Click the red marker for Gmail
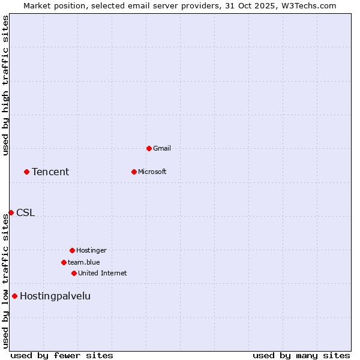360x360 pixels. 149,148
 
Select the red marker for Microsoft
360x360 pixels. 134,172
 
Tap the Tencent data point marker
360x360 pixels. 26,172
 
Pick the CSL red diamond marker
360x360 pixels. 11,212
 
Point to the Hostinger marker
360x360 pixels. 72,250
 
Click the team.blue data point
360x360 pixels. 64,262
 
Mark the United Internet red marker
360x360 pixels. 74,273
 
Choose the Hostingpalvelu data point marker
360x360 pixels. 14,296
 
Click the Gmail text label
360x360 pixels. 162,148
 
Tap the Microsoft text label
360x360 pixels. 152,172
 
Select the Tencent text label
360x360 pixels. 50,172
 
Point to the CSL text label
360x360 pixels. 26,213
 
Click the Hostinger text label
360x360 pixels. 91,250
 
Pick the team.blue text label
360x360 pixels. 84,262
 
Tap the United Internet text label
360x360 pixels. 103,273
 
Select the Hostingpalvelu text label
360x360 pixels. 55,296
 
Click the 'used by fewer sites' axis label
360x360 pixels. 62,355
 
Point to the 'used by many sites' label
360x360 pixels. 301,355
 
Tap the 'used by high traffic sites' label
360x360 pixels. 5,85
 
